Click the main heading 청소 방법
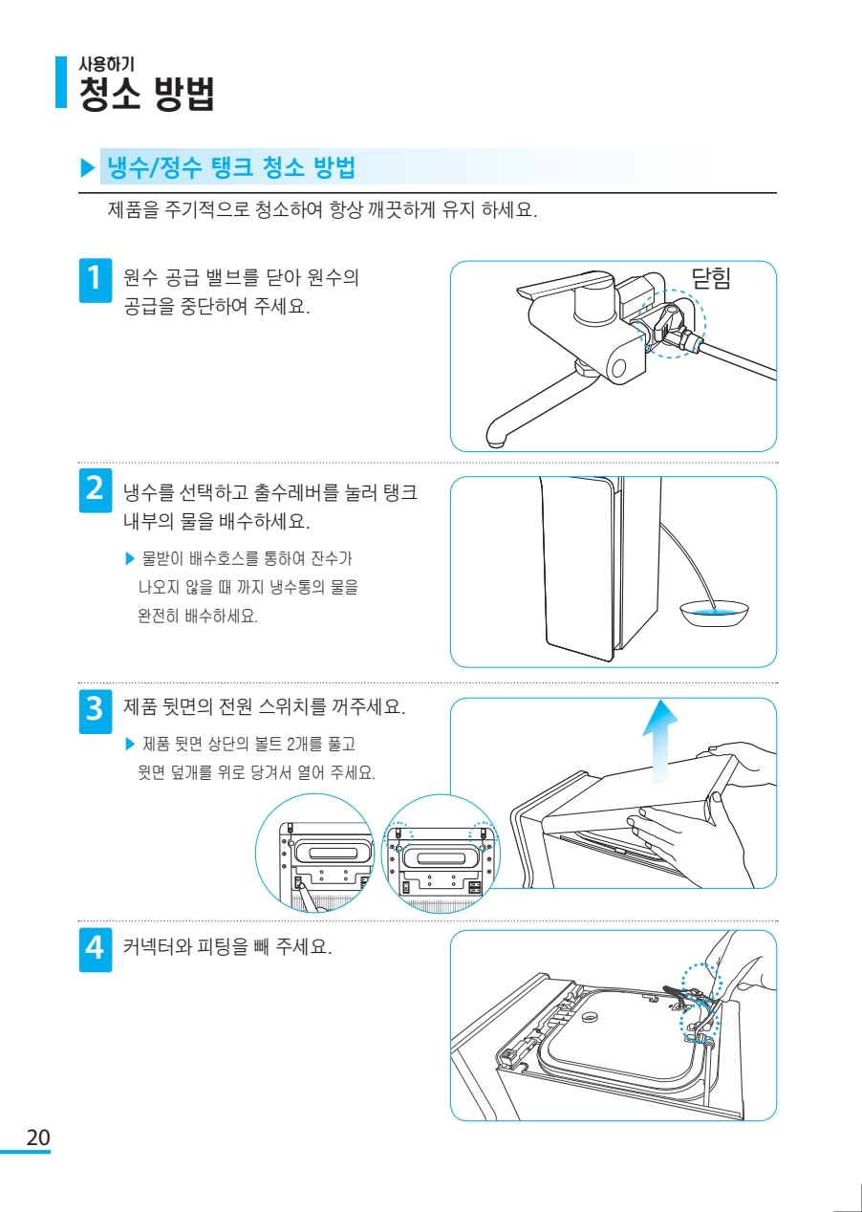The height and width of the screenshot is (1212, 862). (x=147, y=94)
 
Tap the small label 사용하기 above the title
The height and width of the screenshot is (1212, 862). (x=107, y=64)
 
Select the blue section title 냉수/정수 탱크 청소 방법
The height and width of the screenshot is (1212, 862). (x=231, y=166)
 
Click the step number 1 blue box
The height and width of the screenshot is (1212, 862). (x=96, y=280)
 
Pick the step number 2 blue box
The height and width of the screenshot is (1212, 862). (x=96, y=490)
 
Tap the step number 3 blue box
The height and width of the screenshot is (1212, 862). (x=96, y=711)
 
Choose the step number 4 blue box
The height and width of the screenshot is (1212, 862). (x=96, y=949)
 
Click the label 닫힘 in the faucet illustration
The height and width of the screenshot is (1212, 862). (x=712, y=278)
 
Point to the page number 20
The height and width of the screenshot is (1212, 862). (x=38, y=1137)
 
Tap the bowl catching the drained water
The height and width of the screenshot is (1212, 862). (x=714, y=613)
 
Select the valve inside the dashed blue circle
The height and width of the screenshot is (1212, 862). (x=670, y=325)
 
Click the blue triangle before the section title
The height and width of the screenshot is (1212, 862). (x=88, y=167)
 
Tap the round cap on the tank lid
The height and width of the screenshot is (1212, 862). (x=588, y=1018)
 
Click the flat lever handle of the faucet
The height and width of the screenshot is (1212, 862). (x=566, y=285)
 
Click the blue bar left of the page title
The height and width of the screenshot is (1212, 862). (x=61, y=82)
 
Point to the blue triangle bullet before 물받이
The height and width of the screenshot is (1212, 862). (x=129, y=558)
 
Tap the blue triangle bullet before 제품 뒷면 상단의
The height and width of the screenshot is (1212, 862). (x=129, y=744)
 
